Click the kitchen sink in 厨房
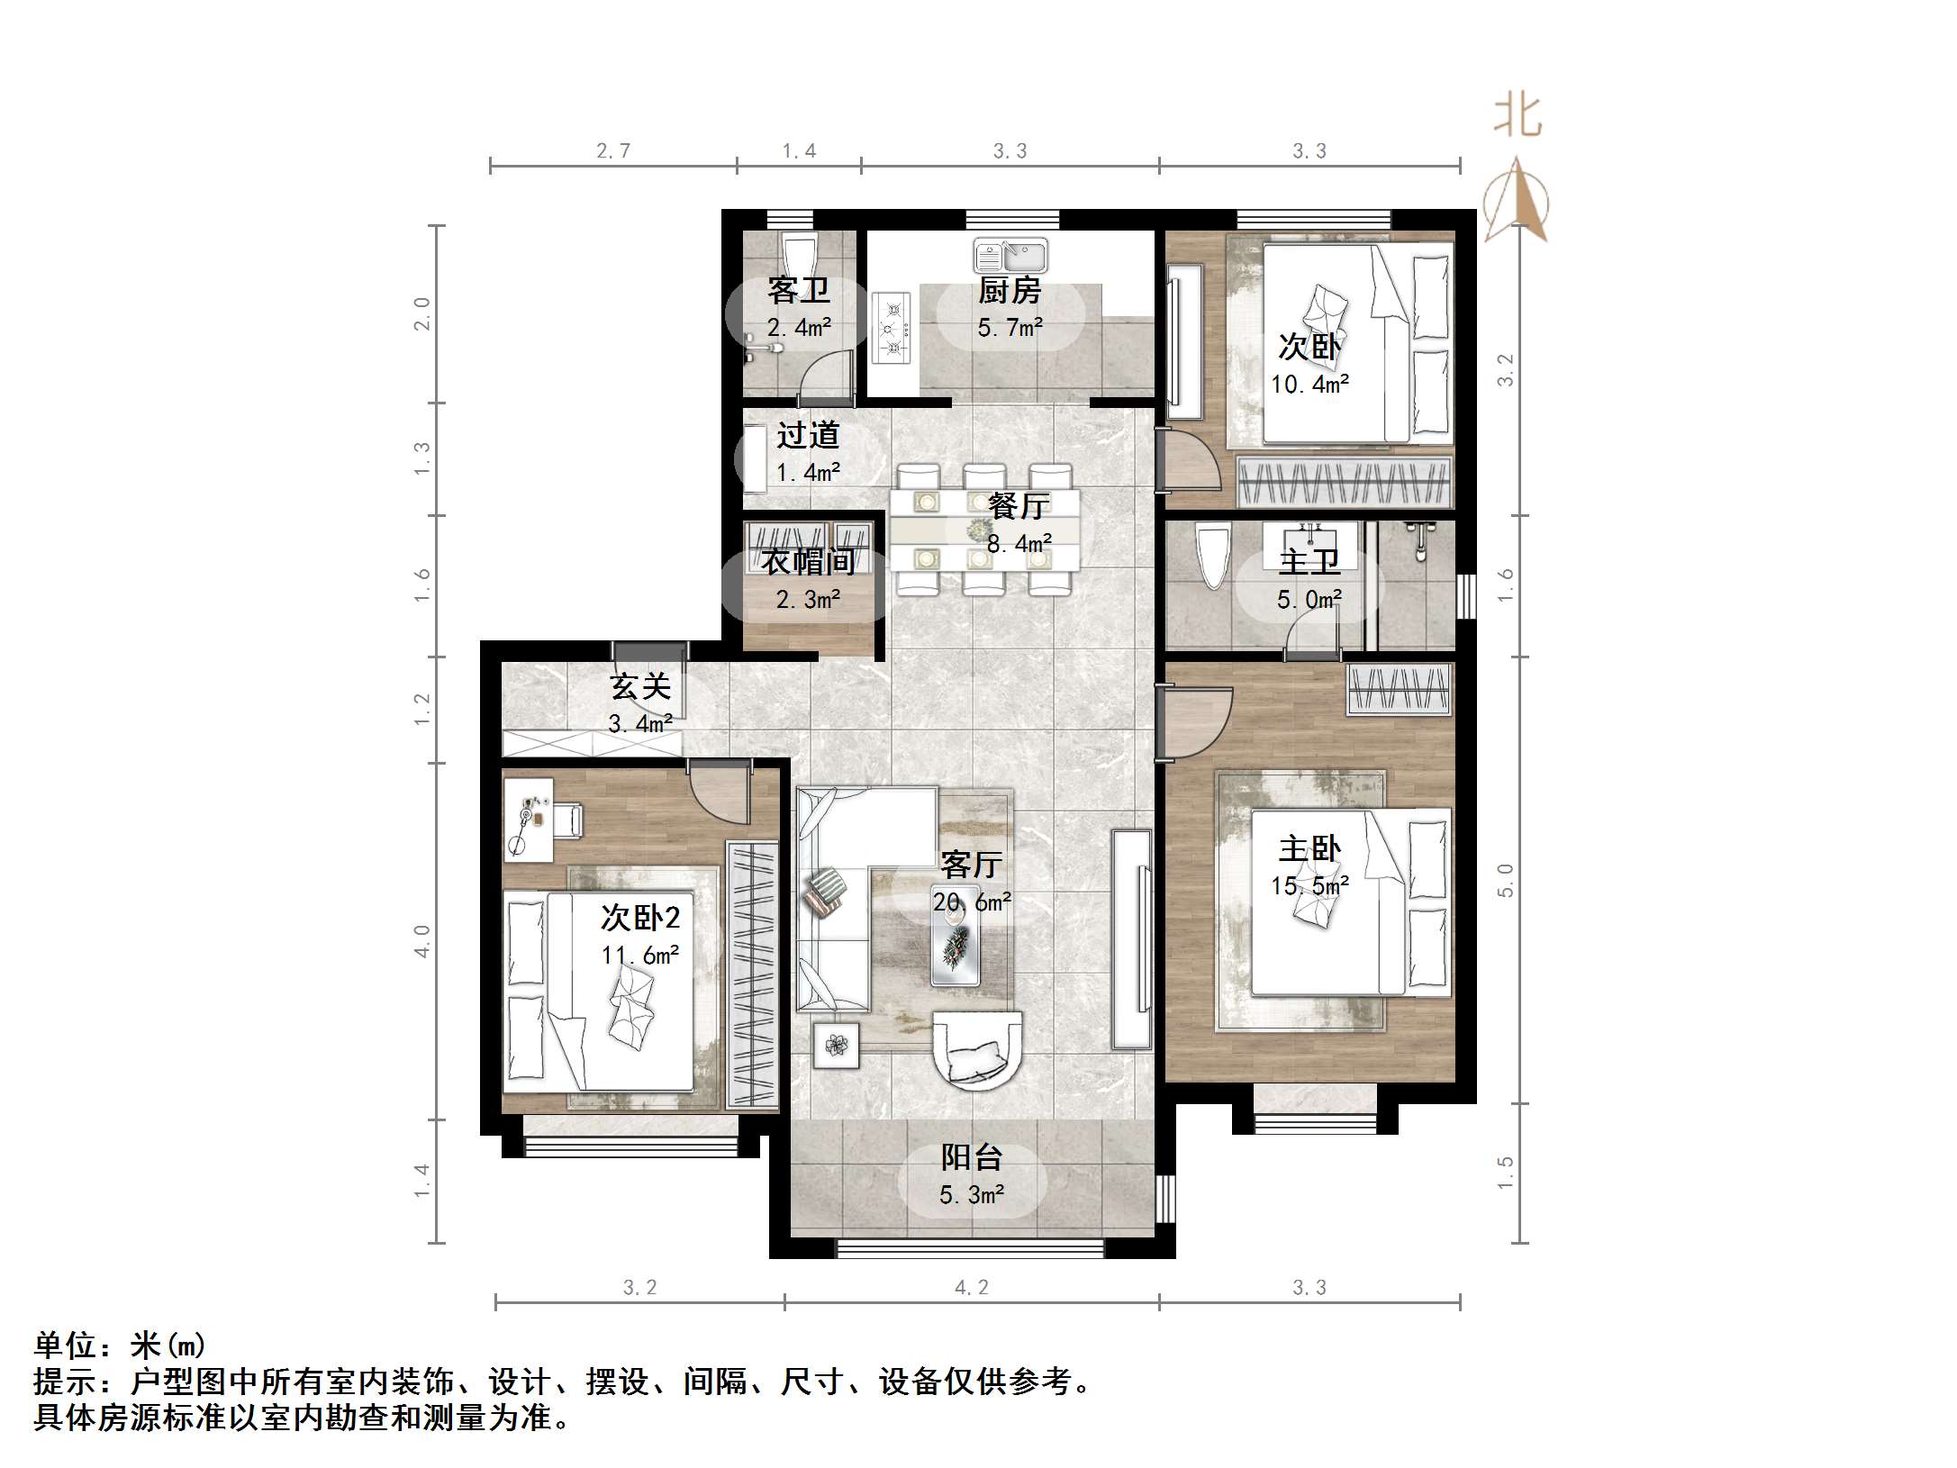tap(1010, 256)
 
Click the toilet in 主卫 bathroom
tap(1211, 557)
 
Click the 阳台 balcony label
tap(972, 1157)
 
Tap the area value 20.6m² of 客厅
tap(972, 902)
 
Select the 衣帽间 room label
tap(808, 562)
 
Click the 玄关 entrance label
tap(640, 687)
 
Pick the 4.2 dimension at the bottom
tap(972, 1288)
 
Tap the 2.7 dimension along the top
tap(613, 151)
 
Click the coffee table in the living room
tap(956, 945)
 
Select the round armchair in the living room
tap(977, 1050)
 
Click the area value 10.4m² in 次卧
tap(1309, 385)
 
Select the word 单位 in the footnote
tap(65, 1346)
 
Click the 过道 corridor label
tap(808, 436)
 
